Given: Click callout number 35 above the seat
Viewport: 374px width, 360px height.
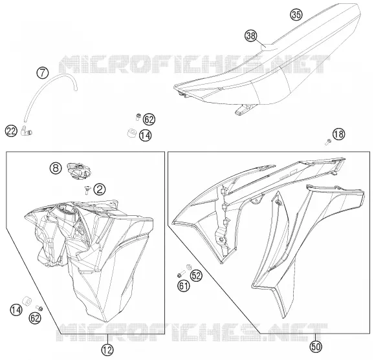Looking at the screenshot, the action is [x=296, y=14].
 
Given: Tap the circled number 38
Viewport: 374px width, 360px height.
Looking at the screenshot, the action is [x=251, y=36].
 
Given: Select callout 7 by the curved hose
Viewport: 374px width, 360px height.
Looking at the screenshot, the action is [x=43, y=72].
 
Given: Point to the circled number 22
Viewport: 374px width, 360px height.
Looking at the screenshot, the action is [x=11, y=131].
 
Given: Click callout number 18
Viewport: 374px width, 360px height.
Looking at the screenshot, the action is [x=338, y=134].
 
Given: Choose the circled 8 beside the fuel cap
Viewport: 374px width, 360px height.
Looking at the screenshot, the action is [x=56, y=168].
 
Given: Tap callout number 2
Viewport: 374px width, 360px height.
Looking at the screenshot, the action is [x=100, y=189].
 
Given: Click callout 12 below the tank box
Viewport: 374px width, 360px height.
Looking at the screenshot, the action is [x=107, y=350].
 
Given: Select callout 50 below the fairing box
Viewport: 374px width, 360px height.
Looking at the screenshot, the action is [x=316, y=346].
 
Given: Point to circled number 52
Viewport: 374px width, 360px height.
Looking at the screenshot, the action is [x=196, y=276].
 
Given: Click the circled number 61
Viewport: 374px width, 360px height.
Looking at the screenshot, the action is [x=183, y=286].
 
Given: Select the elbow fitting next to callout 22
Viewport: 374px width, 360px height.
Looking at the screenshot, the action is [x=26, y=131].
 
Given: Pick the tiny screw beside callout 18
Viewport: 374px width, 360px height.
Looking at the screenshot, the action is [x=328, y=142].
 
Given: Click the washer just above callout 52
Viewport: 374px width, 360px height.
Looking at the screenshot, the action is [x=188, y=266].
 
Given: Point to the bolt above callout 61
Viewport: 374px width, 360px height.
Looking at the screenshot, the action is [x=182, y=275].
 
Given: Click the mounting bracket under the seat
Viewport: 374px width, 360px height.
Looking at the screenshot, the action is [x=244, y=109].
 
